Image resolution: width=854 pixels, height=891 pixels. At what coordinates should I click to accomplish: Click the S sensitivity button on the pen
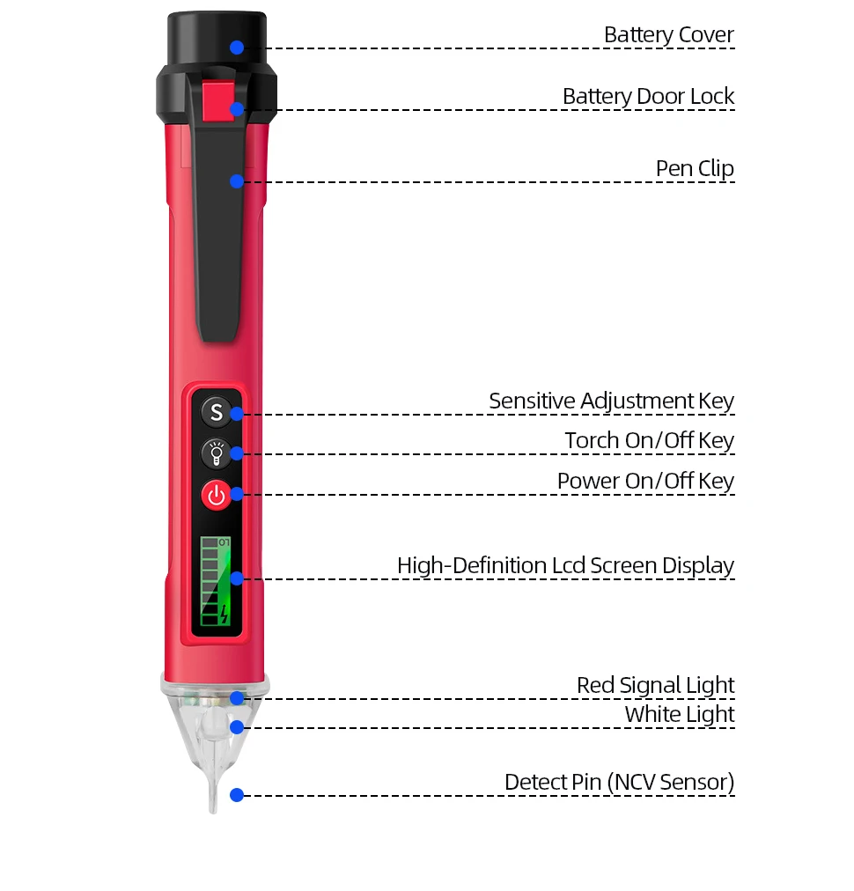pyautogui.click(x=217, y=411)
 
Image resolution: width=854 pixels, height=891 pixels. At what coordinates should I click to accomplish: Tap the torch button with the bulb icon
pyautogui.click(x=217, y=453)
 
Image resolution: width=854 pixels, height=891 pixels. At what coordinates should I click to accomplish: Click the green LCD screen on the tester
pyautogui.click(x=216, y=581)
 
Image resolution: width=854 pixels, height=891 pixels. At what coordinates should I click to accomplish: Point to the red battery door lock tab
pyautogui.click(x=218, y=101)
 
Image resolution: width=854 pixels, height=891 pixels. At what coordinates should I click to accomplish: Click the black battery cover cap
pyautogui.click(x=217, y=38)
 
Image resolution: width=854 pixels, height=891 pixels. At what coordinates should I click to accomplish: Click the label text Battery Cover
pyautogui.click(x=669, y=35)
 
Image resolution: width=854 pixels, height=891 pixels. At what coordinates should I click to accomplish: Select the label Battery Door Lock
pyautogui.click(x=648, y=97)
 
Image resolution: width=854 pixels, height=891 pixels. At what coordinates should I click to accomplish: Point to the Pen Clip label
pyautogui.click(x=695, y=169)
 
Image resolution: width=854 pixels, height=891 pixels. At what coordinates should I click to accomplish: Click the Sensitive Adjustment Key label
pyautogui.click(x=611, y=401)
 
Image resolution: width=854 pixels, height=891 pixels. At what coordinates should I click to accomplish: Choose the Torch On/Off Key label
pyautogui.click(x=649, y=440)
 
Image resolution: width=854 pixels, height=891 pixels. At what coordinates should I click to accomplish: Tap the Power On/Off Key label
pyautogui.click(x=645, y=482)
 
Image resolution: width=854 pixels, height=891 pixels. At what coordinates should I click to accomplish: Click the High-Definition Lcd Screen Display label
pyautogui.click(x=565, y=566)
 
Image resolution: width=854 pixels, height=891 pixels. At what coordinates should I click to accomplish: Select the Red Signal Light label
pyautogui.click(x=656, y=686)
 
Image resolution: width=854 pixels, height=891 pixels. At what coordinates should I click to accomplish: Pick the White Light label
pyautogui.click(x=680, y=715)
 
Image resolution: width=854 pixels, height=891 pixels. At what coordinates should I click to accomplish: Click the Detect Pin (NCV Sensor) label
pyautogui.click(x=619, y=783)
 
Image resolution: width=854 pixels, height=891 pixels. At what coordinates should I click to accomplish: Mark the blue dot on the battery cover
pyautogui.click(x=237, y=48)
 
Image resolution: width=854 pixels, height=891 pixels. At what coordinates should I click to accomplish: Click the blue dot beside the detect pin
pyautogui.click(x=237, y=795)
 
